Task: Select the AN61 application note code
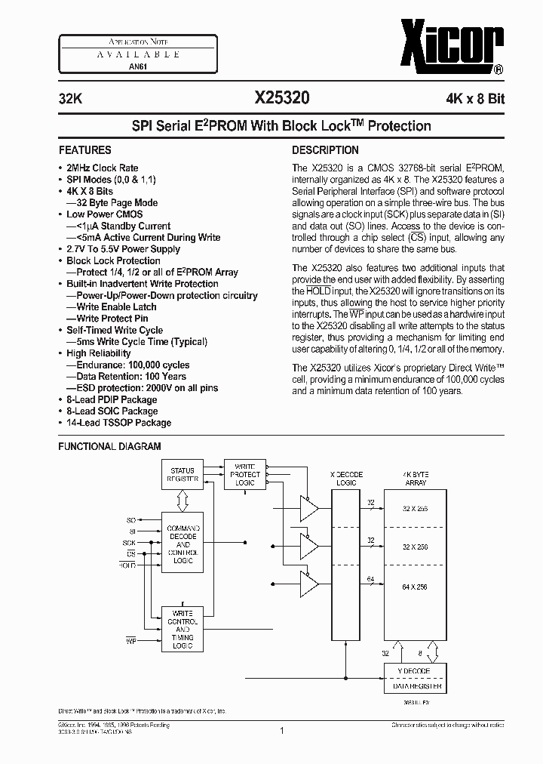pos(120,66)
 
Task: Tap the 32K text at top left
pos(70,97)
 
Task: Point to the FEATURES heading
pos(85,150)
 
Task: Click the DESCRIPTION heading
pos(325,150)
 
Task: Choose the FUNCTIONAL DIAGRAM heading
pos(110,446)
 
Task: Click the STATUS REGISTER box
pos(183,475)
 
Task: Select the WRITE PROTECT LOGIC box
pos(247,475)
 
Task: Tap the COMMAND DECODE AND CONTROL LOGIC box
pos(183,544)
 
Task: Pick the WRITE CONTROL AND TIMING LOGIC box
pos(183,629)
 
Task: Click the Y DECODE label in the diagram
pos(415,671)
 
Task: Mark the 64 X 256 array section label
pos(415,587)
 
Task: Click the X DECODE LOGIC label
pos(347,479)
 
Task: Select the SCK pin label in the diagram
pos(130,543)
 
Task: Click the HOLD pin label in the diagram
pos(127,565)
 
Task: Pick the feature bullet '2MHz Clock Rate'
pos(102,168)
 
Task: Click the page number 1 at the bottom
pos(281,730)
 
